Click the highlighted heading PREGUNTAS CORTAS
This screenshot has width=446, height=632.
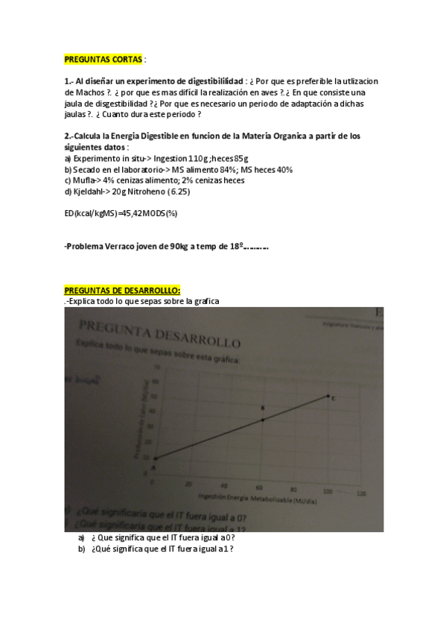click(x=103, y=59)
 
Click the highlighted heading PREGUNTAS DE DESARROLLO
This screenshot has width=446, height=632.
click(x=122, y=290)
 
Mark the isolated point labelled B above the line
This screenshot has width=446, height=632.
click(x=262, y=408)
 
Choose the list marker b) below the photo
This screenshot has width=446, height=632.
click(x=81, y=549)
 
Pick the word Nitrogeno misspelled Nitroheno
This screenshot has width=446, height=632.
click(x=147, y=192)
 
